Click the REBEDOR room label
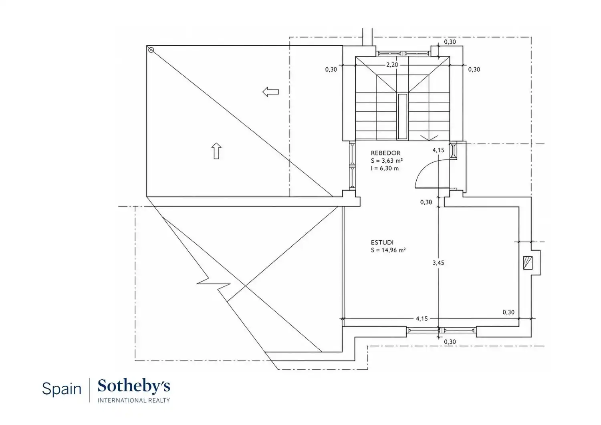(385, 153)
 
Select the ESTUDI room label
(382, 242)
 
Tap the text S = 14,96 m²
(388, 250)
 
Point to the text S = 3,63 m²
(387, 161)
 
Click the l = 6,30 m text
(385, 168)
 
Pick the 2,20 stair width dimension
(392, 64)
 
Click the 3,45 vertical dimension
(438, 263)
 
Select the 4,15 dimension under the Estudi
(422, 318)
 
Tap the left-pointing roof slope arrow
(270, 92)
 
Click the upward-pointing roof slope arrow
(216, 151)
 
